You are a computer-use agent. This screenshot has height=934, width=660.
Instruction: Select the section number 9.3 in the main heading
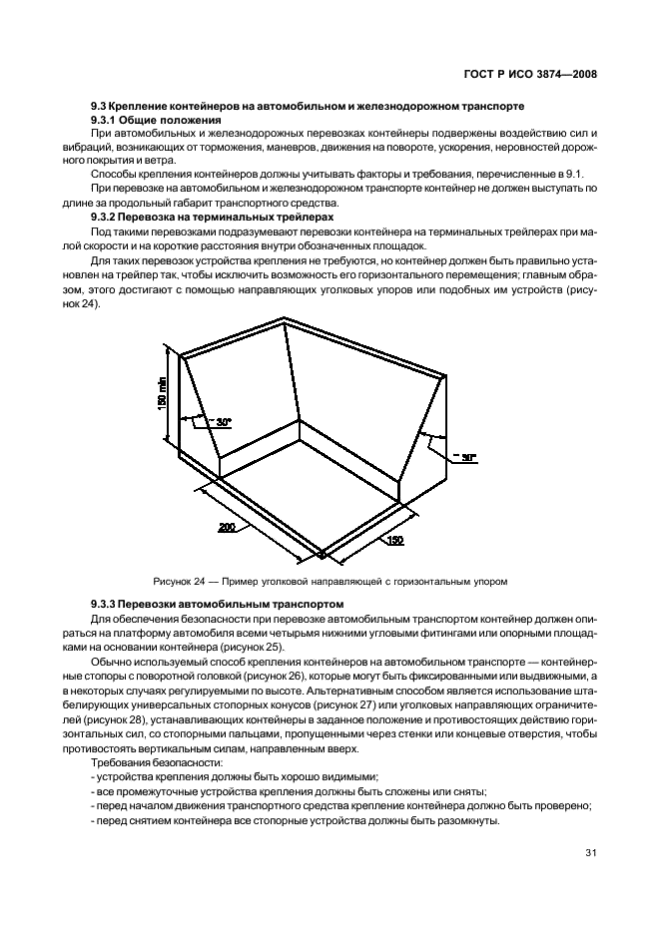pos(98,107)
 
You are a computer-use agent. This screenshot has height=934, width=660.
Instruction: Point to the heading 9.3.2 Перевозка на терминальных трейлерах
pos(212,216)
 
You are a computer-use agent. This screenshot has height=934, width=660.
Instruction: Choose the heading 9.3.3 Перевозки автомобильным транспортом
pos(217,604)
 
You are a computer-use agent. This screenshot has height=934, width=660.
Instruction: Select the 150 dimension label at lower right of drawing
pos(395,540)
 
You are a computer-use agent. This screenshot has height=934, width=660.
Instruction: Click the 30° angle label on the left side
pos(223,422)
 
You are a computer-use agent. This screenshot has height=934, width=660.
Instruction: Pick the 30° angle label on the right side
pos(466,457)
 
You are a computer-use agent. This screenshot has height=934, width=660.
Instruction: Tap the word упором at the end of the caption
pos(489,580)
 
